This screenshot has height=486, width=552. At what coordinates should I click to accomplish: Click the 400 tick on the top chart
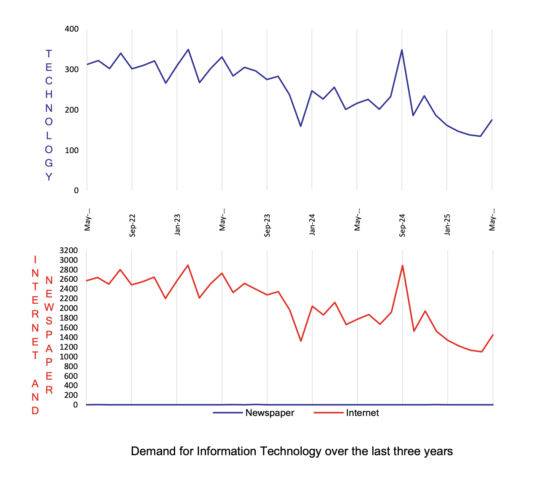(72, 29)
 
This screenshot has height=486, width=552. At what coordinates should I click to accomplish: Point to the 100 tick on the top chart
(72, 150)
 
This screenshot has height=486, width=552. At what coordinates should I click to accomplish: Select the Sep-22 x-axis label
(133, 225)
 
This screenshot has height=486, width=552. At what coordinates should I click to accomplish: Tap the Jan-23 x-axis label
(177, 224)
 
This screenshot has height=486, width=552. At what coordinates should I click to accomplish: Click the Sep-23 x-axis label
(267, 225)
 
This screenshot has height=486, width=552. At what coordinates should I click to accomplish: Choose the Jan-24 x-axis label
(312, 224)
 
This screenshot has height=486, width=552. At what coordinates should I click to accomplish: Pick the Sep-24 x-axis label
(402, 225)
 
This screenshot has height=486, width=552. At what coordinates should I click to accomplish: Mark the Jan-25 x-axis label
(447, 224)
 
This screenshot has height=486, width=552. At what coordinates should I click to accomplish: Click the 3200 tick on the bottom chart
(69, 251)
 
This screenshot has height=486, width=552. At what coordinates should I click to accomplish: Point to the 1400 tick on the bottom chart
(69, 337)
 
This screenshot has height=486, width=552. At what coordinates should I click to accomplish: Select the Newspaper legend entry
(269, 413)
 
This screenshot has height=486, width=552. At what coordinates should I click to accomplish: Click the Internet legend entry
(362, 413)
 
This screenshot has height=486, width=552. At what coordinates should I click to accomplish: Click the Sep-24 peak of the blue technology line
(402, 50)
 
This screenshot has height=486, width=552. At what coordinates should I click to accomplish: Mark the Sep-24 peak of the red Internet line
(403, 265)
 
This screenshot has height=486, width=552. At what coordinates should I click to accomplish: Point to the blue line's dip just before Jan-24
(300, 126)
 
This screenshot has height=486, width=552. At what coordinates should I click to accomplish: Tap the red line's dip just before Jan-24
(301, 341)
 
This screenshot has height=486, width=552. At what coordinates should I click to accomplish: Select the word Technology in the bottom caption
(291, 451)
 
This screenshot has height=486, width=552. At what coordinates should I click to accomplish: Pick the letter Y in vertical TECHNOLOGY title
(49, 177)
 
